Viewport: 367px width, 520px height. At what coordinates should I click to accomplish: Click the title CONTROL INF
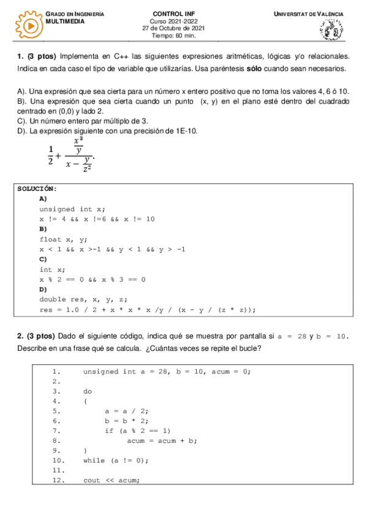tap(174, 13)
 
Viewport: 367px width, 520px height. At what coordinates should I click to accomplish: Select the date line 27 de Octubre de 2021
tap(173, 28)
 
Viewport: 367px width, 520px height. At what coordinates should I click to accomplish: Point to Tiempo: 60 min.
tap(174, 35)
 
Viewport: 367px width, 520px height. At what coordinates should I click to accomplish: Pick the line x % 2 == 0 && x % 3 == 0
tap(93, 280)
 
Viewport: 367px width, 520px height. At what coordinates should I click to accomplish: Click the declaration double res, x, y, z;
tap(83, 300)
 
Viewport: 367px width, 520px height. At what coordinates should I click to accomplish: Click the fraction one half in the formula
tap(50, 156)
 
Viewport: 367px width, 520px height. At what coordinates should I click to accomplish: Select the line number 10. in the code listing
tap(59, 460)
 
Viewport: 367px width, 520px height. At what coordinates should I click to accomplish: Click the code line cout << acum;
tap(111, 480)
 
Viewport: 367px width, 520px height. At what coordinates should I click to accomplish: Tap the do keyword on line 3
tap(87, 391)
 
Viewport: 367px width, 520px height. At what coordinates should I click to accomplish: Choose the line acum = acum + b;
tap(160, 440)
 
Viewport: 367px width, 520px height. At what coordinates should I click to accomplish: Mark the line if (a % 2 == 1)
tap(137, 430)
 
